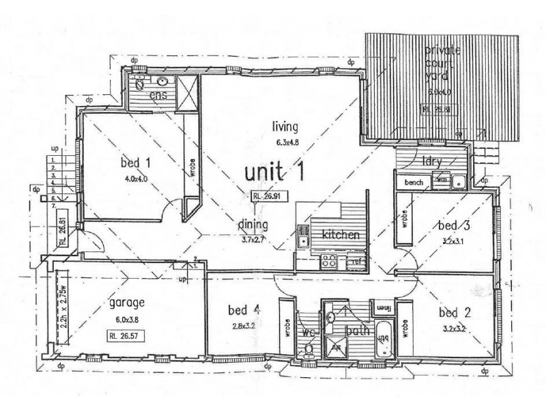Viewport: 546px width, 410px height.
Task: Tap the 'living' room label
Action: [287, 128]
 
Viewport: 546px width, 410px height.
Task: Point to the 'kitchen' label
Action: [340, 234]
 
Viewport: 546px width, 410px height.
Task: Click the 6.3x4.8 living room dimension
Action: [288, 143]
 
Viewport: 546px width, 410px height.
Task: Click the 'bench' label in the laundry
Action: [414, 182]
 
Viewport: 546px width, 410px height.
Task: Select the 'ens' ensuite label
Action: [158, 95]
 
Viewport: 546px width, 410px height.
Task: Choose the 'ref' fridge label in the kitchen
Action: [356, 260]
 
